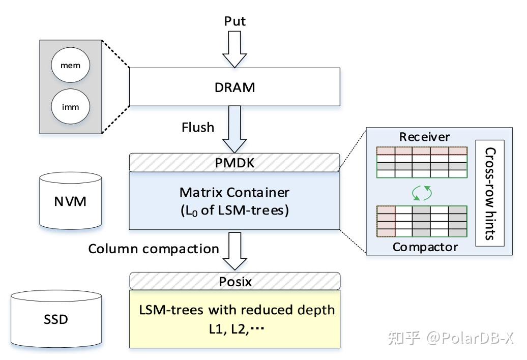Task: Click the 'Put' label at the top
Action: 235,21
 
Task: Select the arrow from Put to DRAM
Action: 235,49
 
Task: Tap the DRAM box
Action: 235,87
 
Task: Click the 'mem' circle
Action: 70,66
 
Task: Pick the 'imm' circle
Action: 70,107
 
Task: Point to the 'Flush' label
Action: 198,127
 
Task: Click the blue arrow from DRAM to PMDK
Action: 235,130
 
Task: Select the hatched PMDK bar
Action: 235,163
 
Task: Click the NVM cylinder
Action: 70,201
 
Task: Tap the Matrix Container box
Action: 235,201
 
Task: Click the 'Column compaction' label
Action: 154,249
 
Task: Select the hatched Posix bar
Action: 235,281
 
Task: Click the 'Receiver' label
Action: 424,137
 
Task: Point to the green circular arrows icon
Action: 422,192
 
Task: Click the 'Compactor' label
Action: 425,247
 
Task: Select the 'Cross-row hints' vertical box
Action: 490,193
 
